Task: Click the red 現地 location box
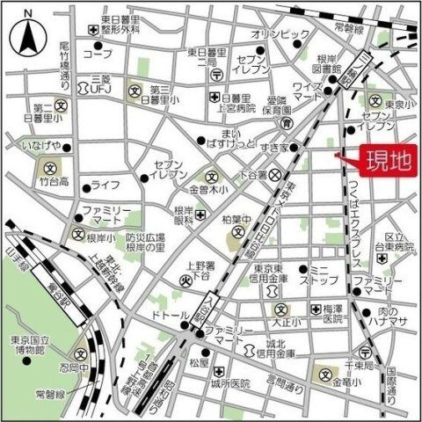(381, 162)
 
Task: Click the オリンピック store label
(281, 33)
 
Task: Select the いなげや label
(44, 144)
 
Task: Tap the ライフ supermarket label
(105, 186)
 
